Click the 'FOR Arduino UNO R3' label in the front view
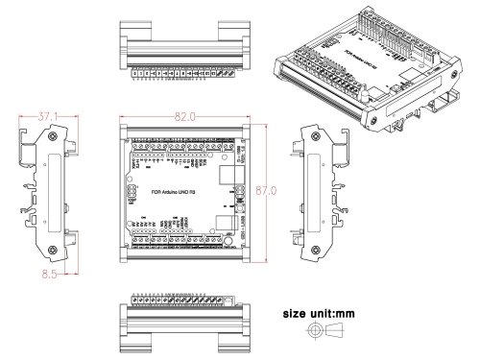click(x=174, y=190)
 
